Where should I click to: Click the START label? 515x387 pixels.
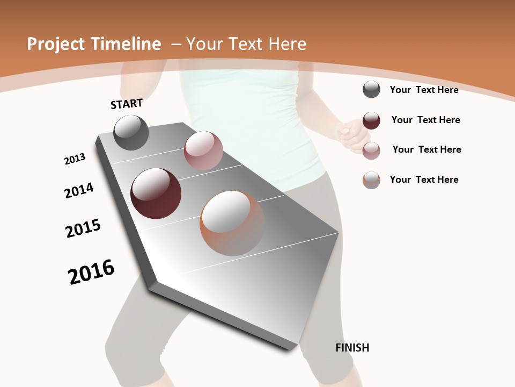point(127,103)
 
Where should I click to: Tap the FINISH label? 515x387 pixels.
point(352,348)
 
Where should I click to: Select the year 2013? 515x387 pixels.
point(75,159)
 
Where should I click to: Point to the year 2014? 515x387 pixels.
point(79,190)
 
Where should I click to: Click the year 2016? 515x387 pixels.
point(91,272)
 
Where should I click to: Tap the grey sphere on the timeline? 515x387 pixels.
point(131,132)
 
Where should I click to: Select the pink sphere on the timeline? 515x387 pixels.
point(203,150)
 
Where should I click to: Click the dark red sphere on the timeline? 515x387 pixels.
point(156,193)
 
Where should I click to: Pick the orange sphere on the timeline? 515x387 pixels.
point(232,223)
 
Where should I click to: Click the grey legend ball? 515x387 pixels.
point(371,90)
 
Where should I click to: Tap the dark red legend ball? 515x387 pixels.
point(371,120)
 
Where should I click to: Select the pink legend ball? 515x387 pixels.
point(371,150)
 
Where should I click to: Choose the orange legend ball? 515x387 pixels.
point(371,180)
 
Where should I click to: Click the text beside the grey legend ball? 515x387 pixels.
point(424,90)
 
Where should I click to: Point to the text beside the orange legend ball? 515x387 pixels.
point(424,180)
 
